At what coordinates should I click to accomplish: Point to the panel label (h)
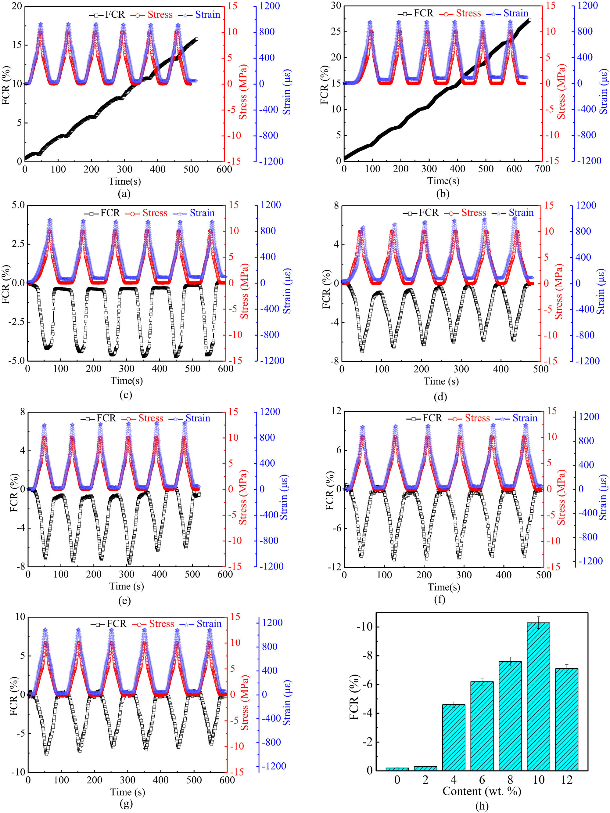pyautogui.click(x=482, y=805)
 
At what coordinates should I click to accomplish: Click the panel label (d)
pyautogui.click(x=440, y=396)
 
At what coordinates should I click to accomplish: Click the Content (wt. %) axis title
pyautogui.click(x=482, y=791)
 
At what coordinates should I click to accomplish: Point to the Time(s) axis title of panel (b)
pyautogui.click(x=443, y=181)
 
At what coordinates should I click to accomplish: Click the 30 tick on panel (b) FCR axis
pyautogui.click(x=336, y=5)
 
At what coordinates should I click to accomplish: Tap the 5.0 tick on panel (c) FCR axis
pyautogui.click(x=18, y=205)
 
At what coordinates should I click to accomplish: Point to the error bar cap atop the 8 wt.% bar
pyautogui.click(x=510, y=657)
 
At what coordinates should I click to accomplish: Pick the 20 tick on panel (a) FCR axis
pyautogui.click(x=17, y=6)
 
